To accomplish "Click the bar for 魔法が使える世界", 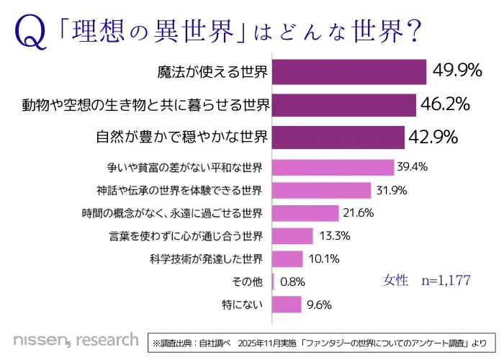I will (x=350, y=72).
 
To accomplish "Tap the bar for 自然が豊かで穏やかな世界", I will (x=338, y=137).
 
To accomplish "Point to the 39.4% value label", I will (x=413, y=167).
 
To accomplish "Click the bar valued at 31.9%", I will (x=321, y=190).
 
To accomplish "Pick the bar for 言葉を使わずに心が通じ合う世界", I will (x=292, y=236).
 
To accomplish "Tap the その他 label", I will (x=248, y=282).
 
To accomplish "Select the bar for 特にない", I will (x=287, y=305).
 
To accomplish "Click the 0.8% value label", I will (x=292, y=282).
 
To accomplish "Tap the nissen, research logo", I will (x=76, y=338).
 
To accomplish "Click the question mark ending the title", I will (x=414, y=32).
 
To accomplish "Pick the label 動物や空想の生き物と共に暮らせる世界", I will (x=146, y=105).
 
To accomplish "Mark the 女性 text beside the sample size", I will (x=396, y=280).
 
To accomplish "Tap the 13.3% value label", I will (x=334, y=236).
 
